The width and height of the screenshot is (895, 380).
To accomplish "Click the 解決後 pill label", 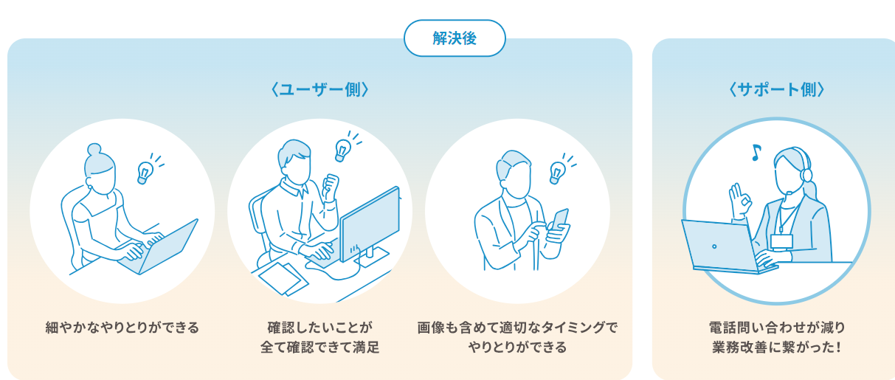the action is pos(455,38).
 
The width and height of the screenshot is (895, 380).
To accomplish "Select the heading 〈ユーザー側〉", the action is pos(319,89).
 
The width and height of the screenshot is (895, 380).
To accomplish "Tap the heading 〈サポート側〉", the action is pos(777,89).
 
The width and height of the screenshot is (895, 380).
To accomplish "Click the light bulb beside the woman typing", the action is pos(144,173).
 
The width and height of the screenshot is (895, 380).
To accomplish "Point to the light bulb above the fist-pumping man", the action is pos(342,151).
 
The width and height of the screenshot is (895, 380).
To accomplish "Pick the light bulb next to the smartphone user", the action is pos(556,173).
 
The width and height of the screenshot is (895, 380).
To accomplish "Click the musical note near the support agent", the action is pos(756,152).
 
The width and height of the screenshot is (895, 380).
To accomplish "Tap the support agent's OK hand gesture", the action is pos(739,201).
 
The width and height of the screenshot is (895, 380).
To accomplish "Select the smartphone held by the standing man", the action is pos(559,221).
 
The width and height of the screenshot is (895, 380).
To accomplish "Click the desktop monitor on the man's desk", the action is pos(370,227).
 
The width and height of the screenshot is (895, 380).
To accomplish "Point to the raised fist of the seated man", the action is pos(330,187).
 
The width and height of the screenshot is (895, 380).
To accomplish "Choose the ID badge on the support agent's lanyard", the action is pos(781,242).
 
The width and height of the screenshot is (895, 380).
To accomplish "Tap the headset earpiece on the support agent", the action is pos(806,175).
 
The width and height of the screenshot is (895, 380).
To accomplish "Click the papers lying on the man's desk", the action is pos(283,278).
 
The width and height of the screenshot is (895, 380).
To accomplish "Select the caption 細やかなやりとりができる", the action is pos(122,328).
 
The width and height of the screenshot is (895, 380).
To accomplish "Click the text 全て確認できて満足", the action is pos(319,348).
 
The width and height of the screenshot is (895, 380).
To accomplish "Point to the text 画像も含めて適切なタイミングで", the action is pos(517,328).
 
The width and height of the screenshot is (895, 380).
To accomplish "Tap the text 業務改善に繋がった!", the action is pos(777,348).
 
